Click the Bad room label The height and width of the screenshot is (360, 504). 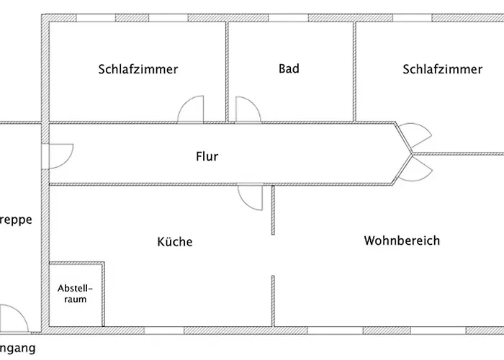[x=289, y=69]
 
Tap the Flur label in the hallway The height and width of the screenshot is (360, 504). [x=207, y=156]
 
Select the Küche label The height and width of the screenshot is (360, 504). [x=175, y=242]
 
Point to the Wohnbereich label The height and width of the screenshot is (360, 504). [x=402, y=240]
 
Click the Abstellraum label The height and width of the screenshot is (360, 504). [x=76, y=294]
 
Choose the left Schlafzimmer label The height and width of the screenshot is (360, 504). [x=138, y=70]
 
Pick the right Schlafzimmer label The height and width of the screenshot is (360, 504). [x=442, y=70]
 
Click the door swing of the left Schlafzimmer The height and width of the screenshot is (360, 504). [x=193, y=109]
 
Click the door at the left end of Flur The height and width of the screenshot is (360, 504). [x=59, y=156]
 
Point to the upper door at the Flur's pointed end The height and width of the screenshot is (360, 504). [x=418, y=135]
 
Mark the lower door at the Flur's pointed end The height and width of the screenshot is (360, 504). [x=418, y=170]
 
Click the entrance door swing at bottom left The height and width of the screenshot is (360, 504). [x=14, y=317]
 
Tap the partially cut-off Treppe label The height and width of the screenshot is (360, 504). [x=16, y=221]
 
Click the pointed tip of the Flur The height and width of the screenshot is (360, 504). [x=408, y=153]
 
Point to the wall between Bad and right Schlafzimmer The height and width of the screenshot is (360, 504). [x=354, y=71]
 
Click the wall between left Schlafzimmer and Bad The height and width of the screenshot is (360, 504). [x=228, y=71]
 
